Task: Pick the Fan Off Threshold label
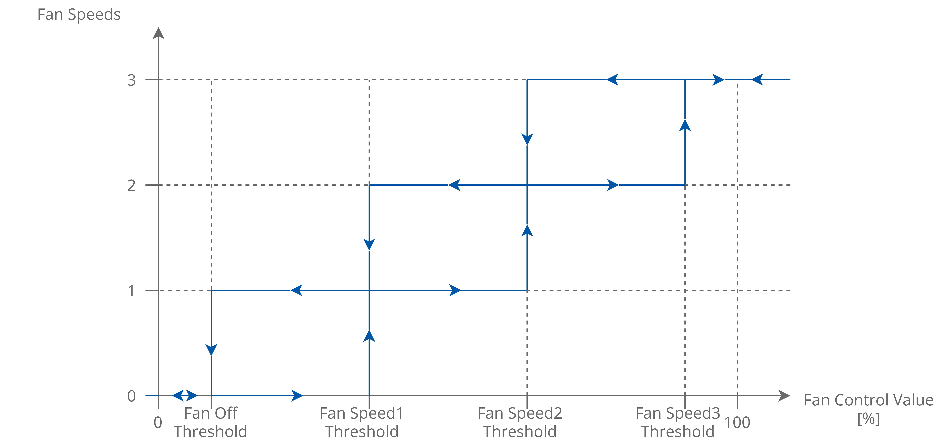pyautogui.click(x=210, y=422)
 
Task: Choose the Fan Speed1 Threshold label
pyautogui.click(x=361, y=422)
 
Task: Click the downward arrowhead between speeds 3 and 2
pyautogui.click(x=527, y=139)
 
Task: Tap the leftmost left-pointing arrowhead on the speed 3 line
pyautogui.click(x=612, y=80)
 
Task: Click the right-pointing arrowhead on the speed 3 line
pyautogui.click(x=718, y=80)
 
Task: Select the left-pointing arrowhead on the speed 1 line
pyautogui.click(x=297, y=290)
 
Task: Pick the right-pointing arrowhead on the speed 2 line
pyautogui.click(x=613, y=185)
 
